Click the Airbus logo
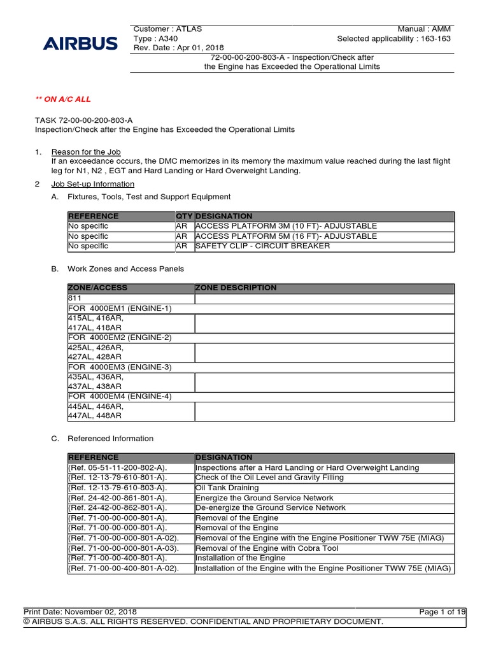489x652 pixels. (80, 44)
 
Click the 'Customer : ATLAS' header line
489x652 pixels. (167, 29)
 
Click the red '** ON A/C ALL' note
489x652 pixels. (63, 99)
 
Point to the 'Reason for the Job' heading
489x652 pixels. (85, 152)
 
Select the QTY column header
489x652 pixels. (184, 216)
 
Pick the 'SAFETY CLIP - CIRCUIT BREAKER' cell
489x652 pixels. (262, 246)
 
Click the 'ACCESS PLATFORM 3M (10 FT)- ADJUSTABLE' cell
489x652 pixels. (286, 226)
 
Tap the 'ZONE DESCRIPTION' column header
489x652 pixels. (236, 288)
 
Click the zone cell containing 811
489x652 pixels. (131, 298)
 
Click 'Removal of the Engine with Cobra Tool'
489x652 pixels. (267, 548)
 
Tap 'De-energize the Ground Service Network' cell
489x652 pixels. (271, 507)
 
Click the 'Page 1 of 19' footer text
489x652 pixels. (442, 612)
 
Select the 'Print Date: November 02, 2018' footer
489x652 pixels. (80, 612)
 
